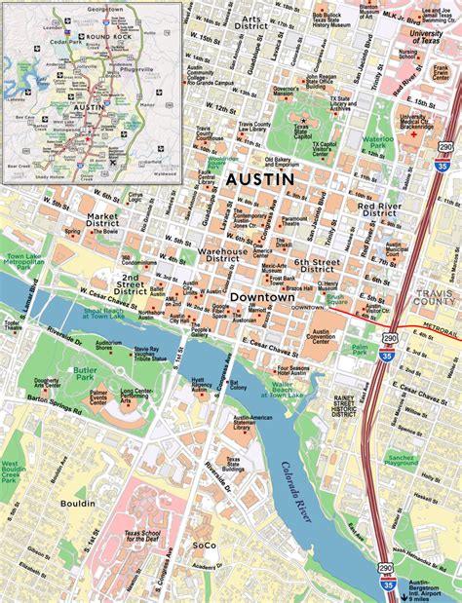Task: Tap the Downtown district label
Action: pos(265,295)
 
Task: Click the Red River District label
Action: pos(384,211)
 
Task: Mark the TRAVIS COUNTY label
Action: pos(436,299)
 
